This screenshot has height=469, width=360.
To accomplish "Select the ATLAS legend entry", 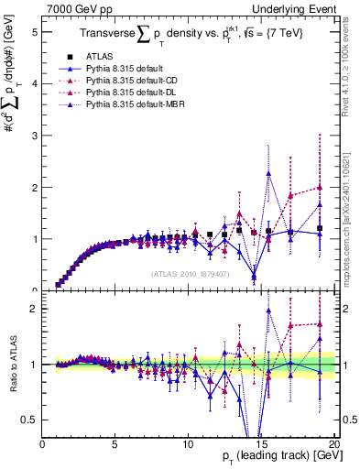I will pos(109,56).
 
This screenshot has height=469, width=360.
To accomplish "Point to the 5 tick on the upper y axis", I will pos(34,31).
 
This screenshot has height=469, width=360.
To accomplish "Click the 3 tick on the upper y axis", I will pos(34,135).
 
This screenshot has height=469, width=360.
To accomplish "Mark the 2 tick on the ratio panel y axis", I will pos(34,309).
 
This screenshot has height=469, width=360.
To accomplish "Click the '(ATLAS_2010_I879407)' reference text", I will pos(189,272).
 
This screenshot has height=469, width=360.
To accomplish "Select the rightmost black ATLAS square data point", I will pos(319,228).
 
